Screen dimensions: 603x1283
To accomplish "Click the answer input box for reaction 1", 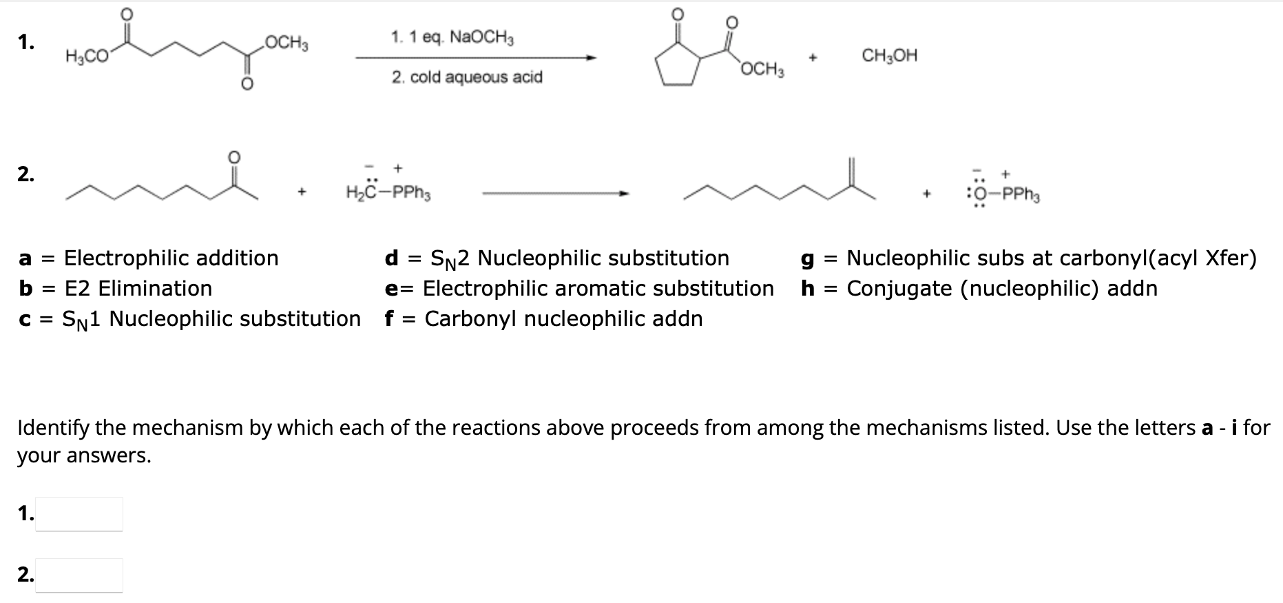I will (79, 514).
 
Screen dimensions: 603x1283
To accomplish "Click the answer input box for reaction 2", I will (79, 575).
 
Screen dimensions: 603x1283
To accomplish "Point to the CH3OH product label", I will (890, 56).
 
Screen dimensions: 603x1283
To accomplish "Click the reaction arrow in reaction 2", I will (555, 194).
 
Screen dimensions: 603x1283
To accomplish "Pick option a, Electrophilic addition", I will (148, 258).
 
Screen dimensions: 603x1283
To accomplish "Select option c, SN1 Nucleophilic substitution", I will (189, 319).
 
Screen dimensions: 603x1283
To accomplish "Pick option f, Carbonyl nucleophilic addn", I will (543, 319).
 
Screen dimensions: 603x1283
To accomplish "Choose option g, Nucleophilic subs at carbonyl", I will (1029, 258).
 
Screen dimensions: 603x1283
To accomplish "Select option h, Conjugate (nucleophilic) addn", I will (979, 288).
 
